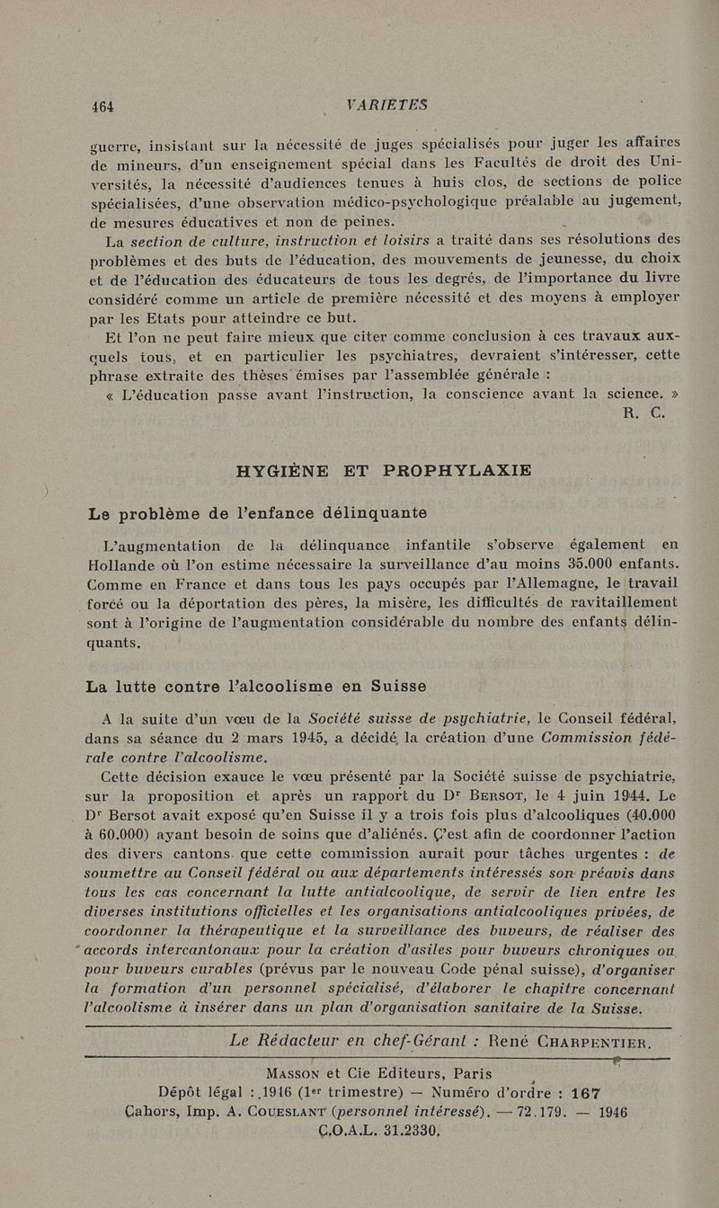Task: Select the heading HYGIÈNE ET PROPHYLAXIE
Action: pos(383,469)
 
